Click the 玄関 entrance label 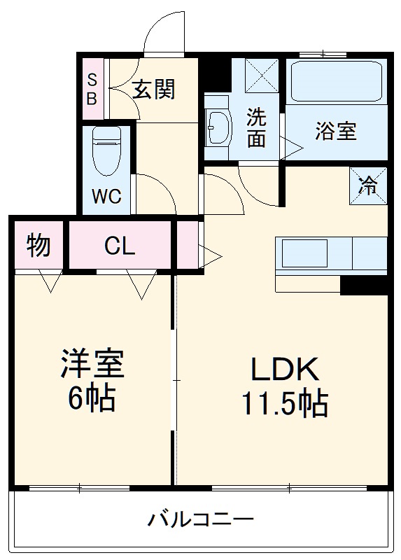pyautogui.click(x=153, y=90)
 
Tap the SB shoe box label pyautogui.click(x=92, y=89)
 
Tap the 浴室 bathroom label pyautogui.click(x=336, y=131)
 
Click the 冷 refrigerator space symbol pyautogui.click(x=368, y=186)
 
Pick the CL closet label pyautogui.click(x=120, y=246)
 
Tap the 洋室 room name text pyautogui.click(x=91, y=365)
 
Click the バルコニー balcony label pyautogui.click(x=200, y=520)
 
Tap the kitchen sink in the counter pyautogui.click(x=304, y=253)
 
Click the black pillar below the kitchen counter pyautogui.click(x=363, y=284)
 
